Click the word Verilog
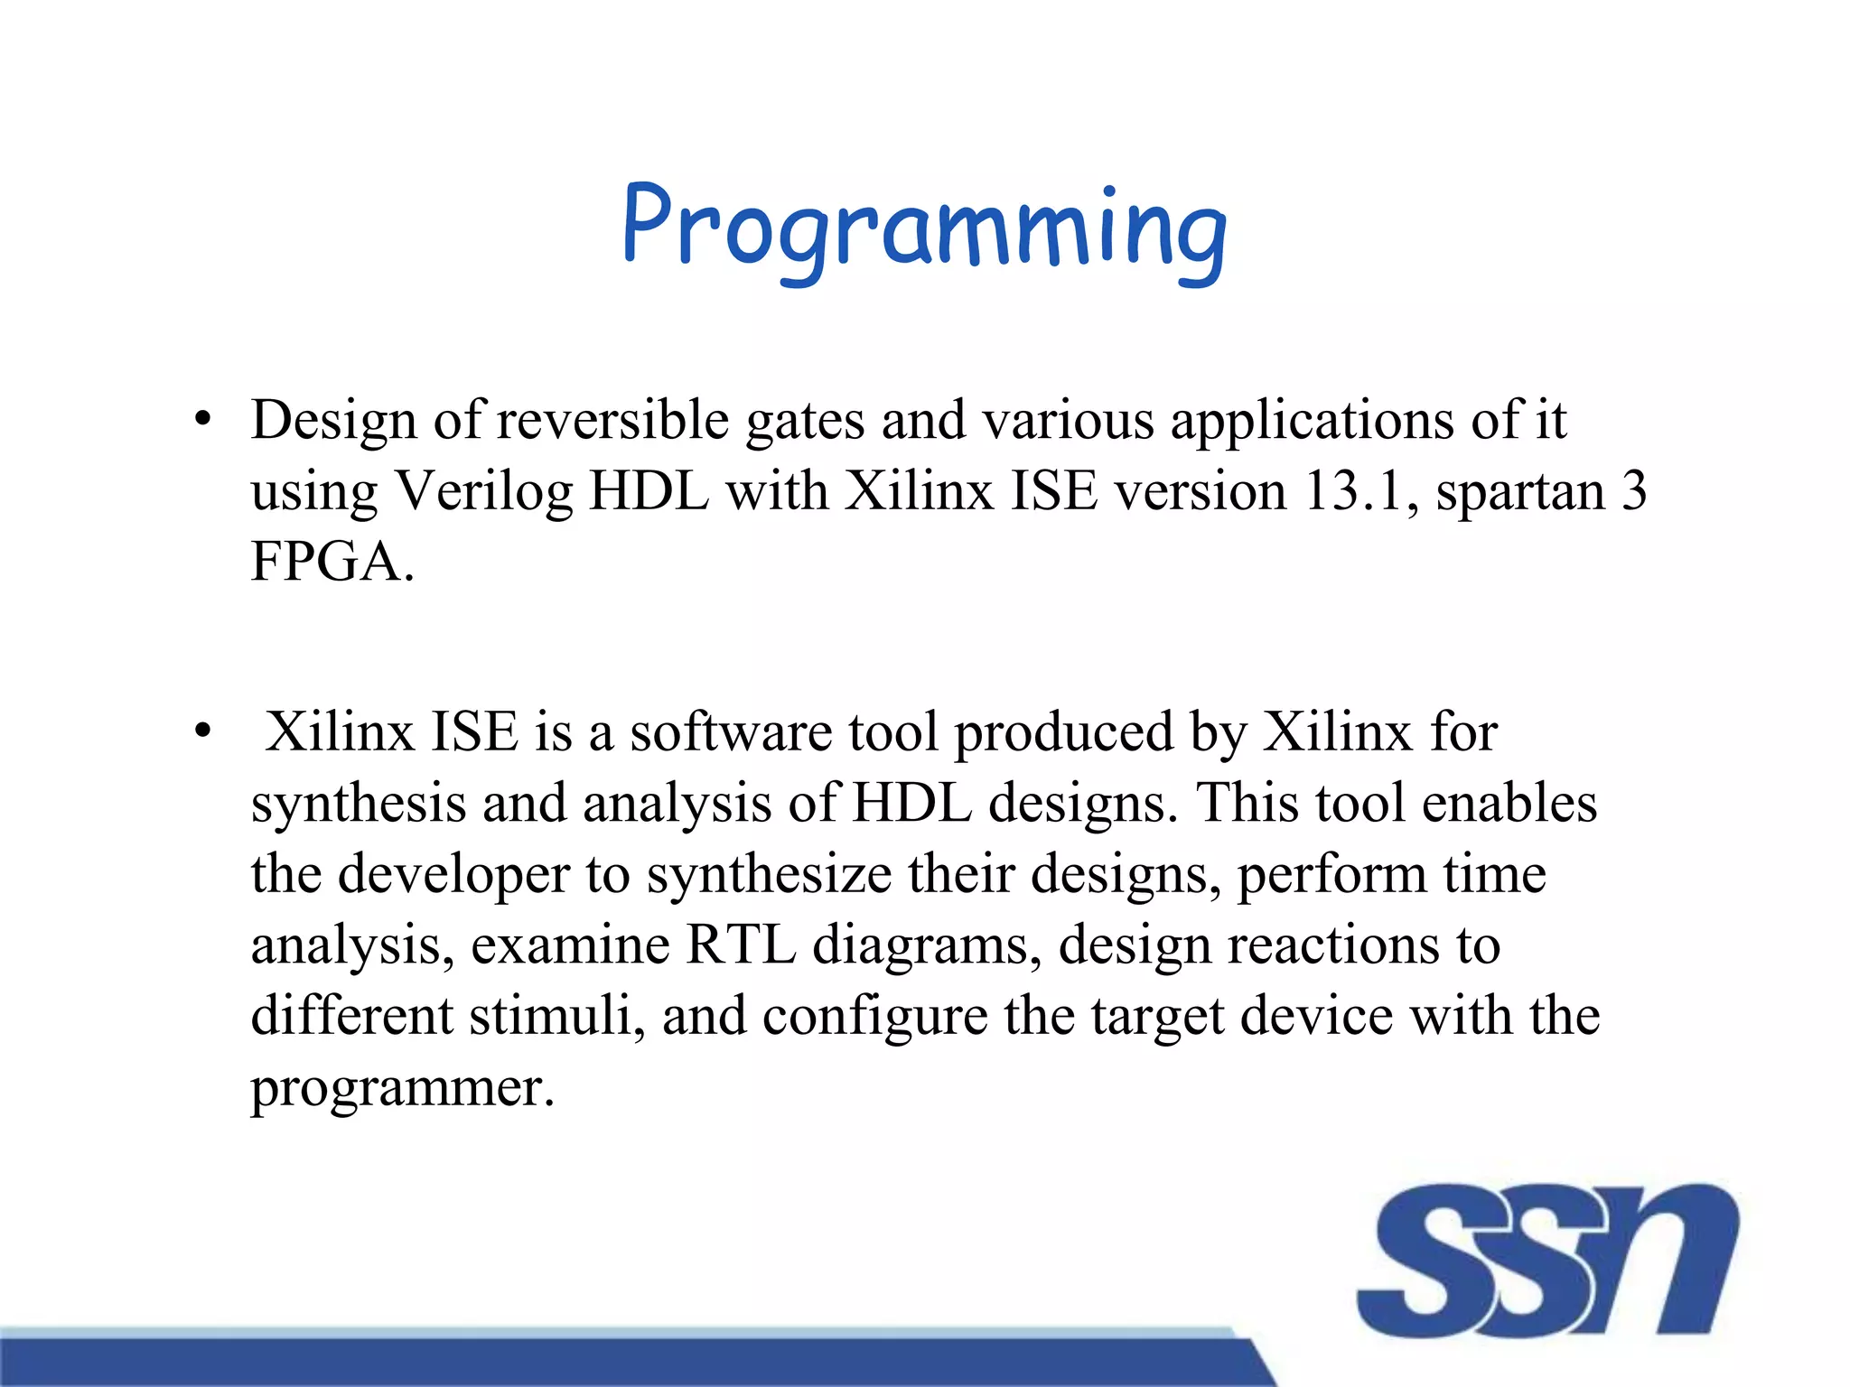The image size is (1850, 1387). pyautogui.click(x=484, y=493)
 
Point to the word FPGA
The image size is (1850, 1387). pyautogui.click(x=326, y=562)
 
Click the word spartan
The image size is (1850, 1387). pyautogui.click(x=1520, y=493)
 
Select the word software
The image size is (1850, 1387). pyautogui.click(x=731, y=731)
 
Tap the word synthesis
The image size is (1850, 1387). pyautogui.click(x=358, y=804)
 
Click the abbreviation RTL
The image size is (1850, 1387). pyautogui.click(x=741, y=945)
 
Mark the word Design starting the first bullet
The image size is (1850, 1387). pyautogui.click(x=333, y=421)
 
